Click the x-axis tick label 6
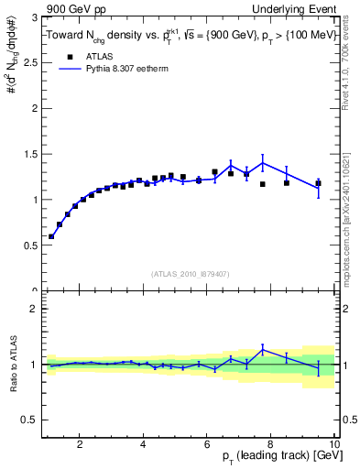click(x=207, y=444)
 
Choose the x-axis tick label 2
click(x=80, y=444)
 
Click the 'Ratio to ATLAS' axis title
click(x=12, y=365)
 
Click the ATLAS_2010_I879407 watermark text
click(x=189, y=273)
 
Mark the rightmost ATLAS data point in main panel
click(x=318, y=183)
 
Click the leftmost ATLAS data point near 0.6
click(x=51, y=236)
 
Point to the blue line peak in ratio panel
click(x=263, y=348)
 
